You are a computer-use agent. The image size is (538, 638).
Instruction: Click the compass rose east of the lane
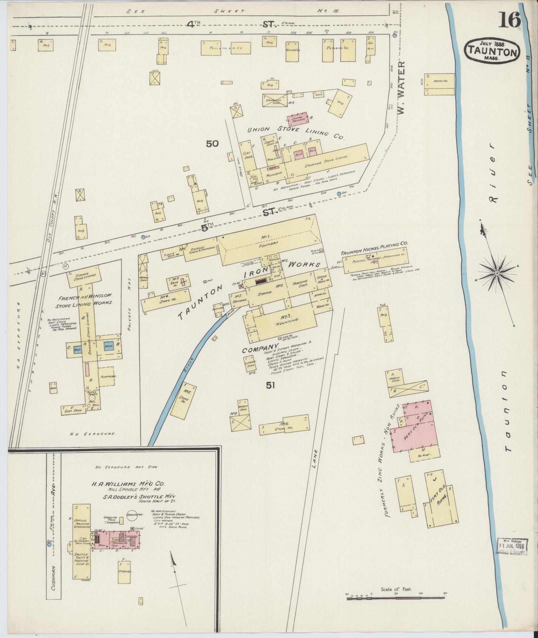click(x=497, y=273)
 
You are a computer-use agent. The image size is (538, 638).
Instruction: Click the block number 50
click(x=212, y=144)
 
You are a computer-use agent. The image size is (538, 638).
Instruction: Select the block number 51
click(x=271, y=386)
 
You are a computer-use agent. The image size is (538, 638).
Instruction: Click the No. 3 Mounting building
click(x=285, y=321)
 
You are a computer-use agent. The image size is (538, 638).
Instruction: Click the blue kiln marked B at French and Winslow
click(x=109, y=346)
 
